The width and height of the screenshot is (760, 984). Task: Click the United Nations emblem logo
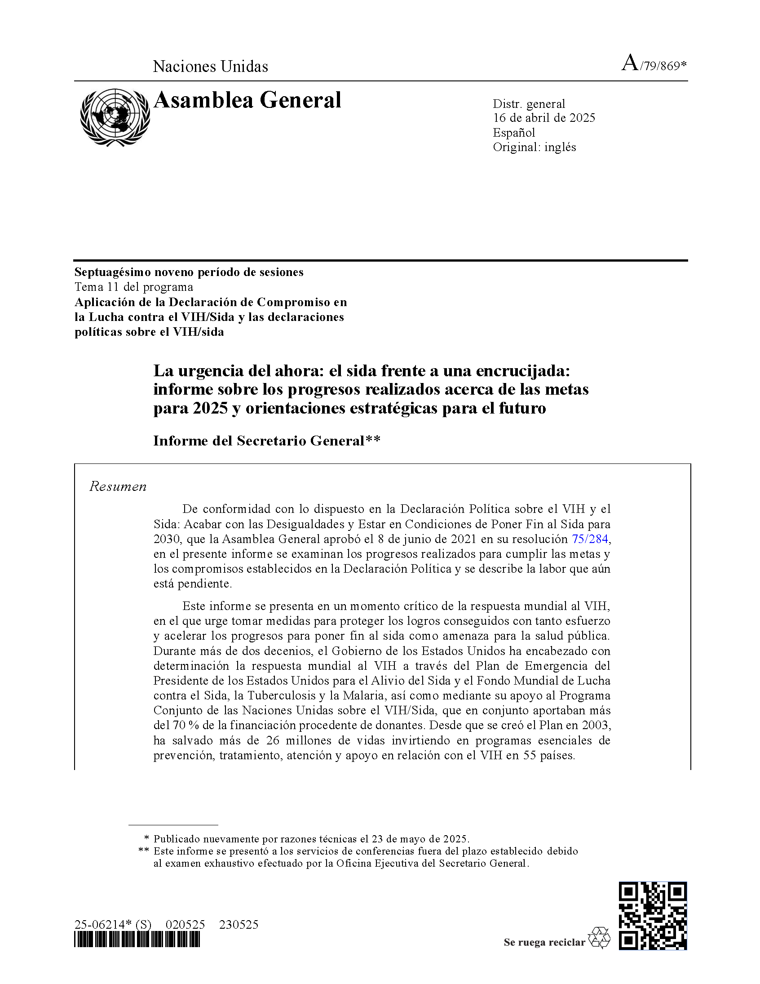115,117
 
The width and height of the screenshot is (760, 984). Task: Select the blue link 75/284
590,539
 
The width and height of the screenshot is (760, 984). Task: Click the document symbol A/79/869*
654,64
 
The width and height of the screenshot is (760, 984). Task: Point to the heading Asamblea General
247,100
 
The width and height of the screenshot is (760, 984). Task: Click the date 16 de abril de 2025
544,118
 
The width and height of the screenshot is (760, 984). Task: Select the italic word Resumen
118,486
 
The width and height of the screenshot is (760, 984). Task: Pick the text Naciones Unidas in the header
210,67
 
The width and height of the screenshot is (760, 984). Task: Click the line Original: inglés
535,147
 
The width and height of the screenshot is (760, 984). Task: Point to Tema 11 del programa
134,287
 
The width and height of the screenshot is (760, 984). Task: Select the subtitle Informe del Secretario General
266,441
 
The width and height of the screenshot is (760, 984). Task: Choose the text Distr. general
529,104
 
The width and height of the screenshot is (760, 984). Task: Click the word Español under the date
514,133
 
